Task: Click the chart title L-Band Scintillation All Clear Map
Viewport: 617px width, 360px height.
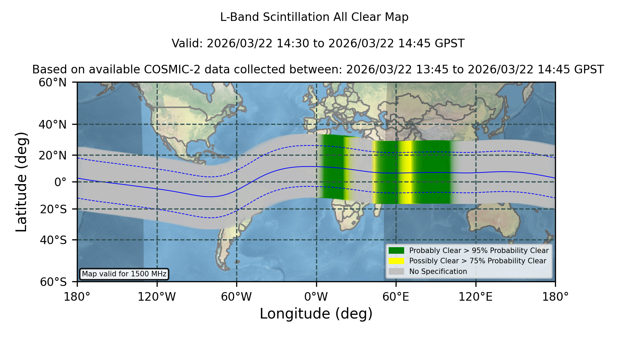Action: (314, 17)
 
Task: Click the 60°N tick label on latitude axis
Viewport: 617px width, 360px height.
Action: (52, 83)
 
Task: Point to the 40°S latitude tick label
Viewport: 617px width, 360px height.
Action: (53, 240)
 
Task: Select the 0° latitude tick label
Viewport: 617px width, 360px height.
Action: (60, 182)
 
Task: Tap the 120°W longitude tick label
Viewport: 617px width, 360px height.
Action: (157, 297)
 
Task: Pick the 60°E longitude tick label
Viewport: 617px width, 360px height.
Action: (396, 297)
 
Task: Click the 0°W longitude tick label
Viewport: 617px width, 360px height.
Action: (316, 297)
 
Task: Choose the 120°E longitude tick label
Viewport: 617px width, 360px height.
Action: (475, 297)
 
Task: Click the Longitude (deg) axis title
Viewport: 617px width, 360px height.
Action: (316, 314)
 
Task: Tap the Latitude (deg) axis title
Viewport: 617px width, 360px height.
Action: (22, 182)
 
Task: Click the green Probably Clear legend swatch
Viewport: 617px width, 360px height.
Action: (396, 251)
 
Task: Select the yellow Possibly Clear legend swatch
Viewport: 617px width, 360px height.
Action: (396, 261)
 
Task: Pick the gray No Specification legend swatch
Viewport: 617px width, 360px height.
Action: (396, 272)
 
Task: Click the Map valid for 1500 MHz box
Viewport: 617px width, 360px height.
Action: (124, 274)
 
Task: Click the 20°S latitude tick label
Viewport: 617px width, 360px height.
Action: (53, 209)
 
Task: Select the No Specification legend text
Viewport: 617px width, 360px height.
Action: (438, 272)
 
